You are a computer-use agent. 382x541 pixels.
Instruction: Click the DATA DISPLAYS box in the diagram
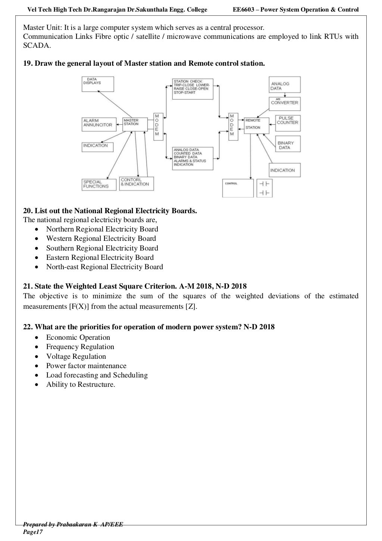click(x=98, y=84)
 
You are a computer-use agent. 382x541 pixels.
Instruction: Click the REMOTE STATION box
click(x=257, y=124)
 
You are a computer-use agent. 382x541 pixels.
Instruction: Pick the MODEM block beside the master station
click(x=158, y=126)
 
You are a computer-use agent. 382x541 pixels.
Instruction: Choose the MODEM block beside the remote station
click(x=233, y=126)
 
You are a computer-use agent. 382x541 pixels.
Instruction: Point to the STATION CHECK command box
click(x=192, y=88)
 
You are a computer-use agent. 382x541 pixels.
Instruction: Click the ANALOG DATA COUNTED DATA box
click(x=192, y=158)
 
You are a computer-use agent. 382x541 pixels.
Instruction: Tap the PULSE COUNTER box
click(x=288, y=122)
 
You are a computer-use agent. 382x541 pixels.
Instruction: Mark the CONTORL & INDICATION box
click(x=137, y=183)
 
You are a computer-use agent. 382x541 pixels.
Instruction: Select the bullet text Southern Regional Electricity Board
click(x=102, y=248)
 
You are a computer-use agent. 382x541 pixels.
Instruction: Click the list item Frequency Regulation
click(x=80, y=347)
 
